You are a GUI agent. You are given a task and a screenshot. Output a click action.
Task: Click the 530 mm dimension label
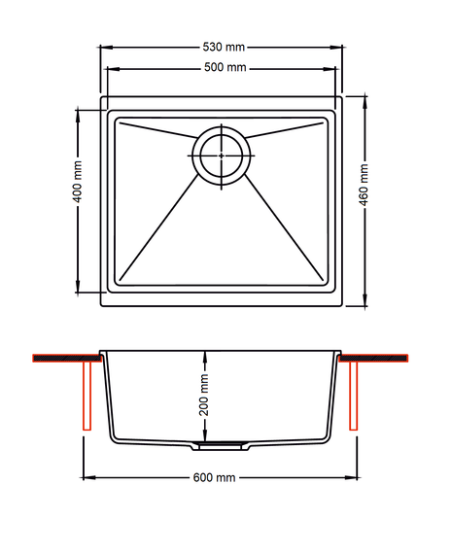[224, 47]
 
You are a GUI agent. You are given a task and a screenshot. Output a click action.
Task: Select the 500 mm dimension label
[225, 67]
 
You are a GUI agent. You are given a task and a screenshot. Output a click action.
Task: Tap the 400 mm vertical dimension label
[77, 182]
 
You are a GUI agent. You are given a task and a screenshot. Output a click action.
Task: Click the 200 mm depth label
[204, 395]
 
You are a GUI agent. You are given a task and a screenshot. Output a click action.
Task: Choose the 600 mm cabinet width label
[214, 477]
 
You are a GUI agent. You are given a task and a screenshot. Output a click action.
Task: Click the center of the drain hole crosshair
[222, 156]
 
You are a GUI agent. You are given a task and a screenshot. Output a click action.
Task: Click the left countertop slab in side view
[67, 358]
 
